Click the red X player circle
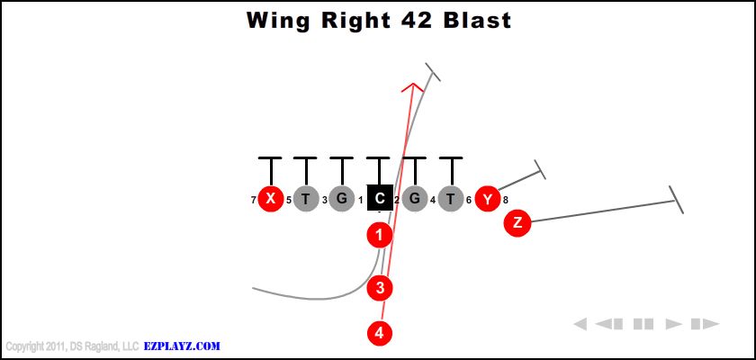coord(270,199)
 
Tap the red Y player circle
coord(487,199)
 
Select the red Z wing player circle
coord(517,222)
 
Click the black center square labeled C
coord(380,197)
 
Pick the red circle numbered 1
coord(380,236)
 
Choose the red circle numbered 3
coord(380,288)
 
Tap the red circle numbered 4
coord(380,332)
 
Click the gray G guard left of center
coord(341,199)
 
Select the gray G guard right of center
coord(414,199)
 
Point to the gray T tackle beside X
coord(306,199)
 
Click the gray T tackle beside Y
coord(451,199)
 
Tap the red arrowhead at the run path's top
coord(413,87)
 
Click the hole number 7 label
coord(254,200)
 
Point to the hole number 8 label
coord(506,200)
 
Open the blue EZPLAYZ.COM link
coord(182,346)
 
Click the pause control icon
coord(643,324)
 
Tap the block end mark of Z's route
coord(676,200)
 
